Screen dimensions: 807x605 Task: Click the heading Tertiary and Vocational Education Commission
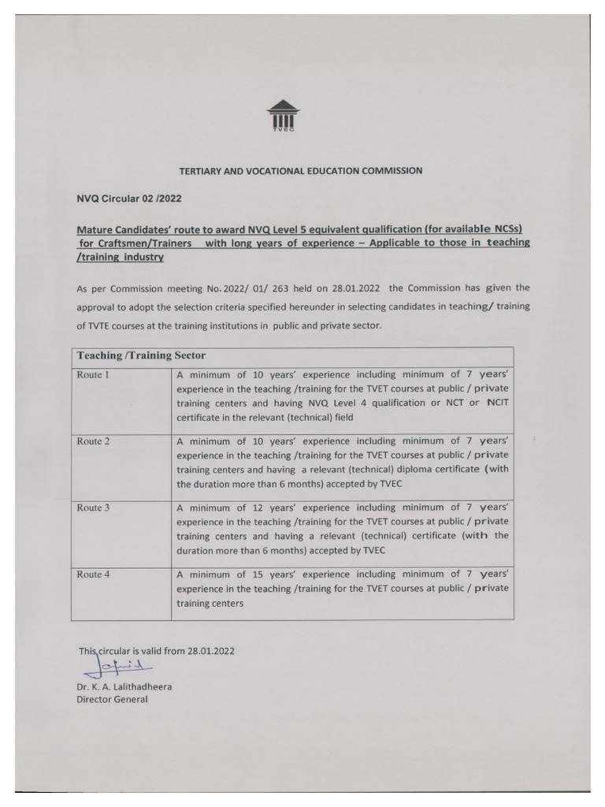[x=301, y=170]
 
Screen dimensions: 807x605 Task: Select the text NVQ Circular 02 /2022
[x=129, y=199]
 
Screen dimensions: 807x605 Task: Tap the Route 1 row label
[x=92, y=375]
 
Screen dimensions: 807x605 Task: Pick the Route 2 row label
[x=93, y=441]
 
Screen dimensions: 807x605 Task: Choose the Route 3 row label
[x=93, y=508]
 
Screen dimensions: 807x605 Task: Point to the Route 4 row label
[x=93, y=575]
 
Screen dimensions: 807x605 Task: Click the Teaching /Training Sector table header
[x=141, y=356]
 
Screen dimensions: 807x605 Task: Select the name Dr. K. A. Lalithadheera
[x=124, y=686]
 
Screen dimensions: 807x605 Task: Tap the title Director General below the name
[x=112, y=700]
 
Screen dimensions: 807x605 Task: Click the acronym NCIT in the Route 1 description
[x=498, y=403]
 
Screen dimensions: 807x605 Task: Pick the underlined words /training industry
[x=120, y=258]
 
